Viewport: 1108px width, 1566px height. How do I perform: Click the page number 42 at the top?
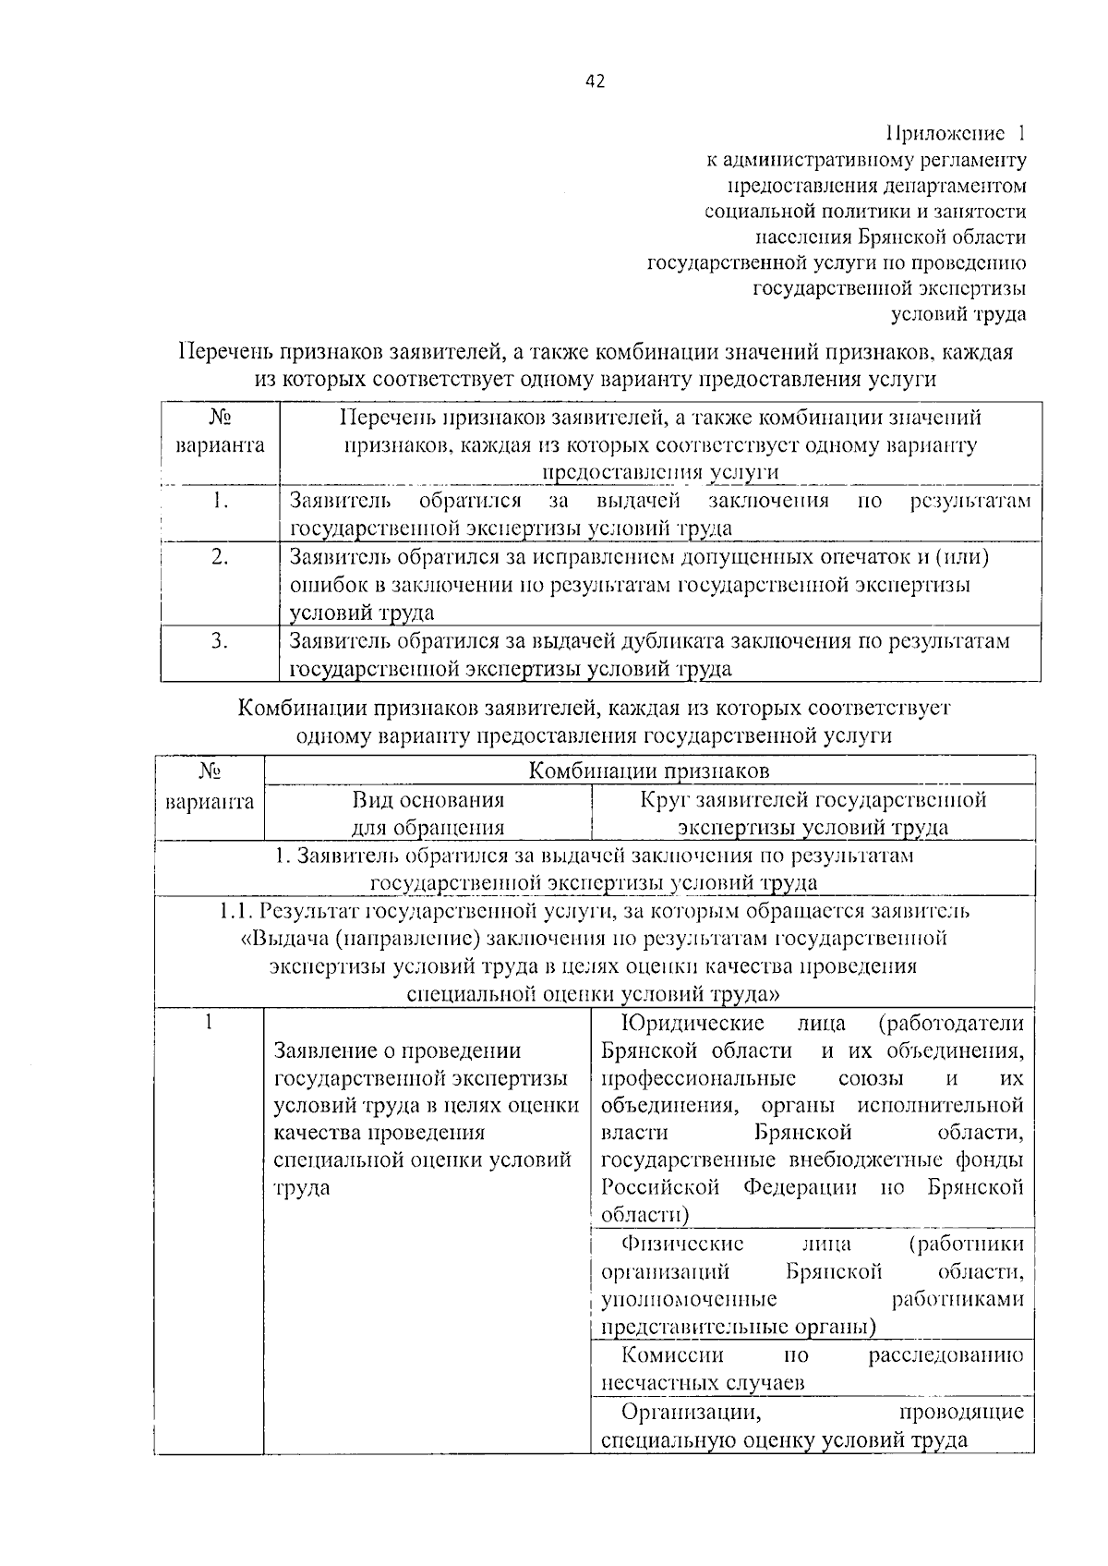click(595, 80)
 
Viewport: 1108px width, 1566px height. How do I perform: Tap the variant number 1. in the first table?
click(219, 501)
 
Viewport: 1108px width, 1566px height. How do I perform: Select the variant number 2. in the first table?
click(219, 557)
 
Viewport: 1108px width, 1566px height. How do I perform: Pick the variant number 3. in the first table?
click(219, 641)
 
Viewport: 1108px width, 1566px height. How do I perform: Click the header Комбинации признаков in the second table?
click(648, 771)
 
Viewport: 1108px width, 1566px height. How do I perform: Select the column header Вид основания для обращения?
click(428, 812)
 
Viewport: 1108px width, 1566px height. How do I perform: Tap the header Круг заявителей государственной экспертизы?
click(813, 812)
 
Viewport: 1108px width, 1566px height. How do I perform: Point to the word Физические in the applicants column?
click(682, 1244)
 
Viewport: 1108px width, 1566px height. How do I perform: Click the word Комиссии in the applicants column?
click(672, 1355)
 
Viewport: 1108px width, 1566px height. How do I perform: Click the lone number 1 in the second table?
click(209, 1023)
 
